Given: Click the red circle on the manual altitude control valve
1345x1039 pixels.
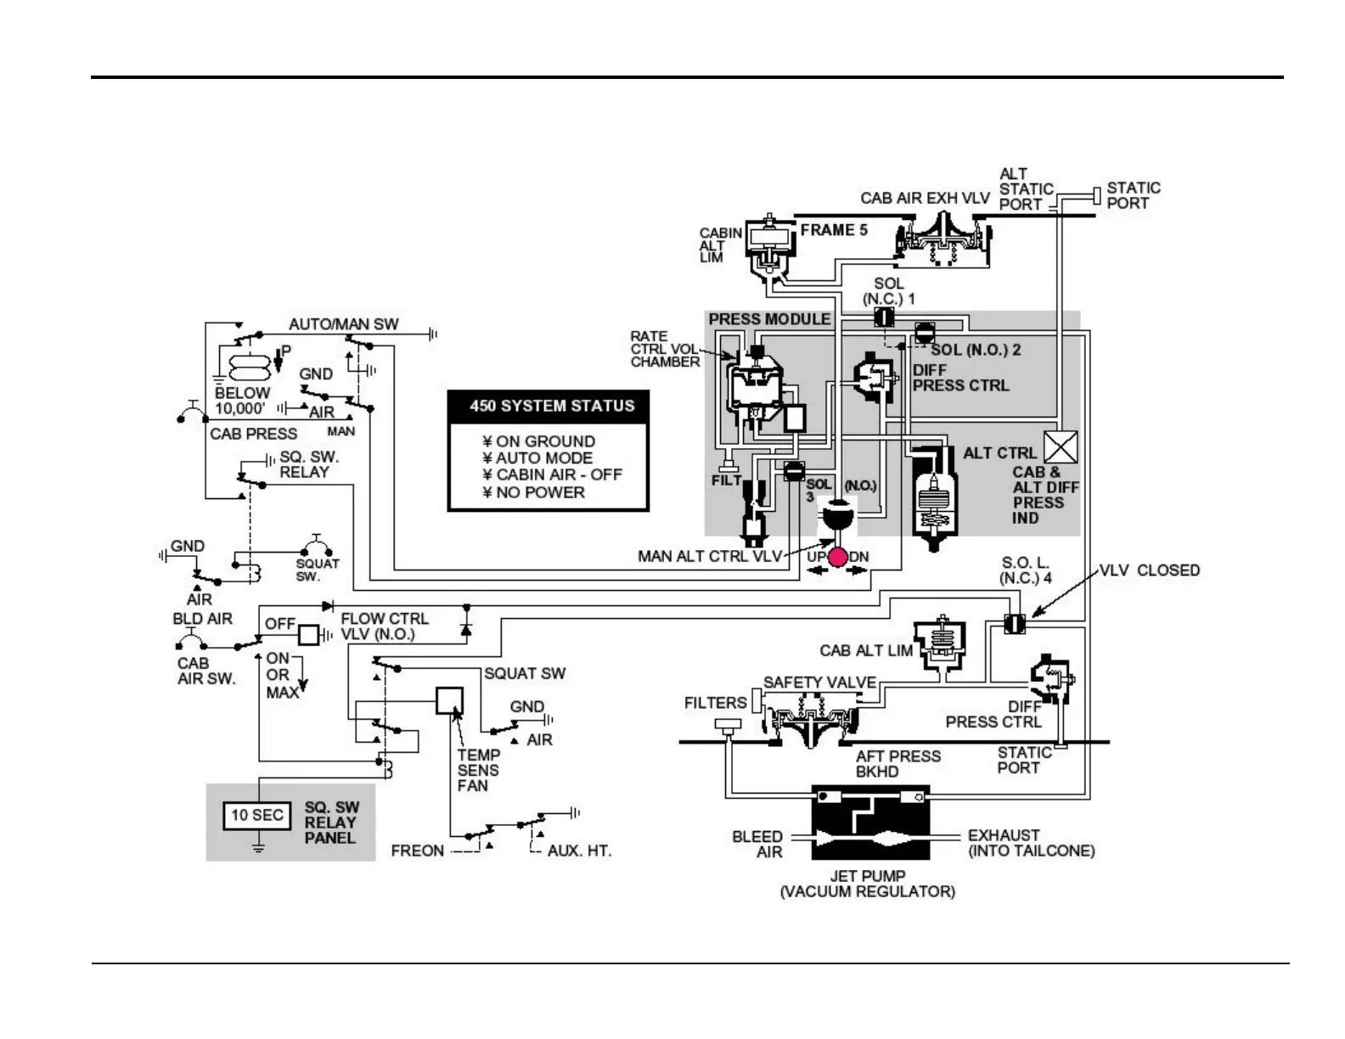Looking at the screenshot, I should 838,558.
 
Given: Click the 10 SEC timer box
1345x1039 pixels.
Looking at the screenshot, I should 256,816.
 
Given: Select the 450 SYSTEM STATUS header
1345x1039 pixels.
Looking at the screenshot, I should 552,406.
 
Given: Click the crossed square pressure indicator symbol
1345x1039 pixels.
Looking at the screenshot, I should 1060,447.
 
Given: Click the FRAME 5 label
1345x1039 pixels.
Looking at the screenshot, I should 834,230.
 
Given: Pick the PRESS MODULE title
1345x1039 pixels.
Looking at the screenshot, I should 769,319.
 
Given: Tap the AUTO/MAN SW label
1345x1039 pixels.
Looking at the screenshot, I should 343,324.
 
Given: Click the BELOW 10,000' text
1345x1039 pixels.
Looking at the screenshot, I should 242,401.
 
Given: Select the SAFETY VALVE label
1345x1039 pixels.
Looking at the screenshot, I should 819,682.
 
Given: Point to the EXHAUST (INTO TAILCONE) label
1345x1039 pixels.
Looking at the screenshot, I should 1031,843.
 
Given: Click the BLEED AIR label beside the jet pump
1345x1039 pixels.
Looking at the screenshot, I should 757,844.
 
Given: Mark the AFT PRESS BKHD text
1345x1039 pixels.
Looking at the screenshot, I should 898,764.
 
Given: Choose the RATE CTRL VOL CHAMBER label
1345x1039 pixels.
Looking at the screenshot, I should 665,349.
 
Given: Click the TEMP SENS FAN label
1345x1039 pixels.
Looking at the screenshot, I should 478,770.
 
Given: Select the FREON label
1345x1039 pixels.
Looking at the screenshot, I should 417,851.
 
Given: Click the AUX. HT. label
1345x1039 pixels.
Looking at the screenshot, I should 579,851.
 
